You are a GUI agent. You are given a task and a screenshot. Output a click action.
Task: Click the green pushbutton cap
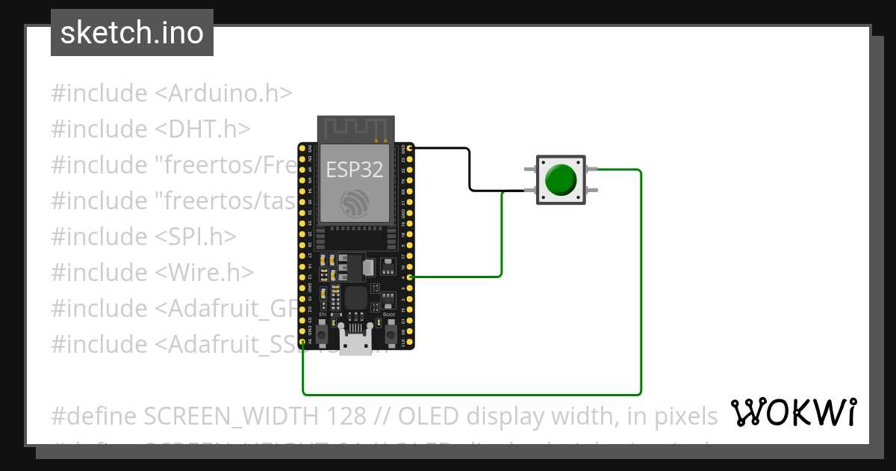coord(561,179)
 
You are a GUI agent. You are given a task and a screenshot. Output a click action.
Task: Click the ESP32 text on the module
coord(355,169)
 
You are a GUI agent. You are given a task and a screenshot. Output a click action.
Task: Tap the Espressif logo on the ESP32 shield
coord(355,203)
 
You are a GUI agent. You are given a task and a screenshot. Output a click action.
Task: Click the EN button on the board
coord(322,336)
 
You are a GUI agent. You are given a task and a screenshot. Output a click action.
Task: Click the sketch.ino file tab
coord(132,33)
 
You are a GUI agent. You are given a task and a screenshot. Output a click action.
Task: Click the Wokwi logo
coord(793,412)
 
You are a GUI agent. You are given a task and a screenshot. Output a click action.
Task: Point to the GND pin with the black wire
coord(408,148)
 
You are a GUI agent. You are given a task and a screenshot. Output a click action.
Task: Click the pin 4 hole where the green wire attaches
coord(408,277)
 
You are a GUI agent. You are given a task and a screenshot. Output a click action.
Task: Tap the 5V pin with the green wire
coord(302,342)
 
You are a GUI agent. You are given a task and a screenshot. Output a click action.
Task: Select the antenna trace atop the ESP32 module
coord(355,128)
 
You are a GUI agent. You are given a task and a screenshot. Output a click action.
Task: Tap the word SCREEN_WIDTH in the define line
coord(253,415)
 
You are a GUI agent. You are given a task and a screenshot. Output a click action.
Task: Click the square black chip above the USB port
coord(355,299)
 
